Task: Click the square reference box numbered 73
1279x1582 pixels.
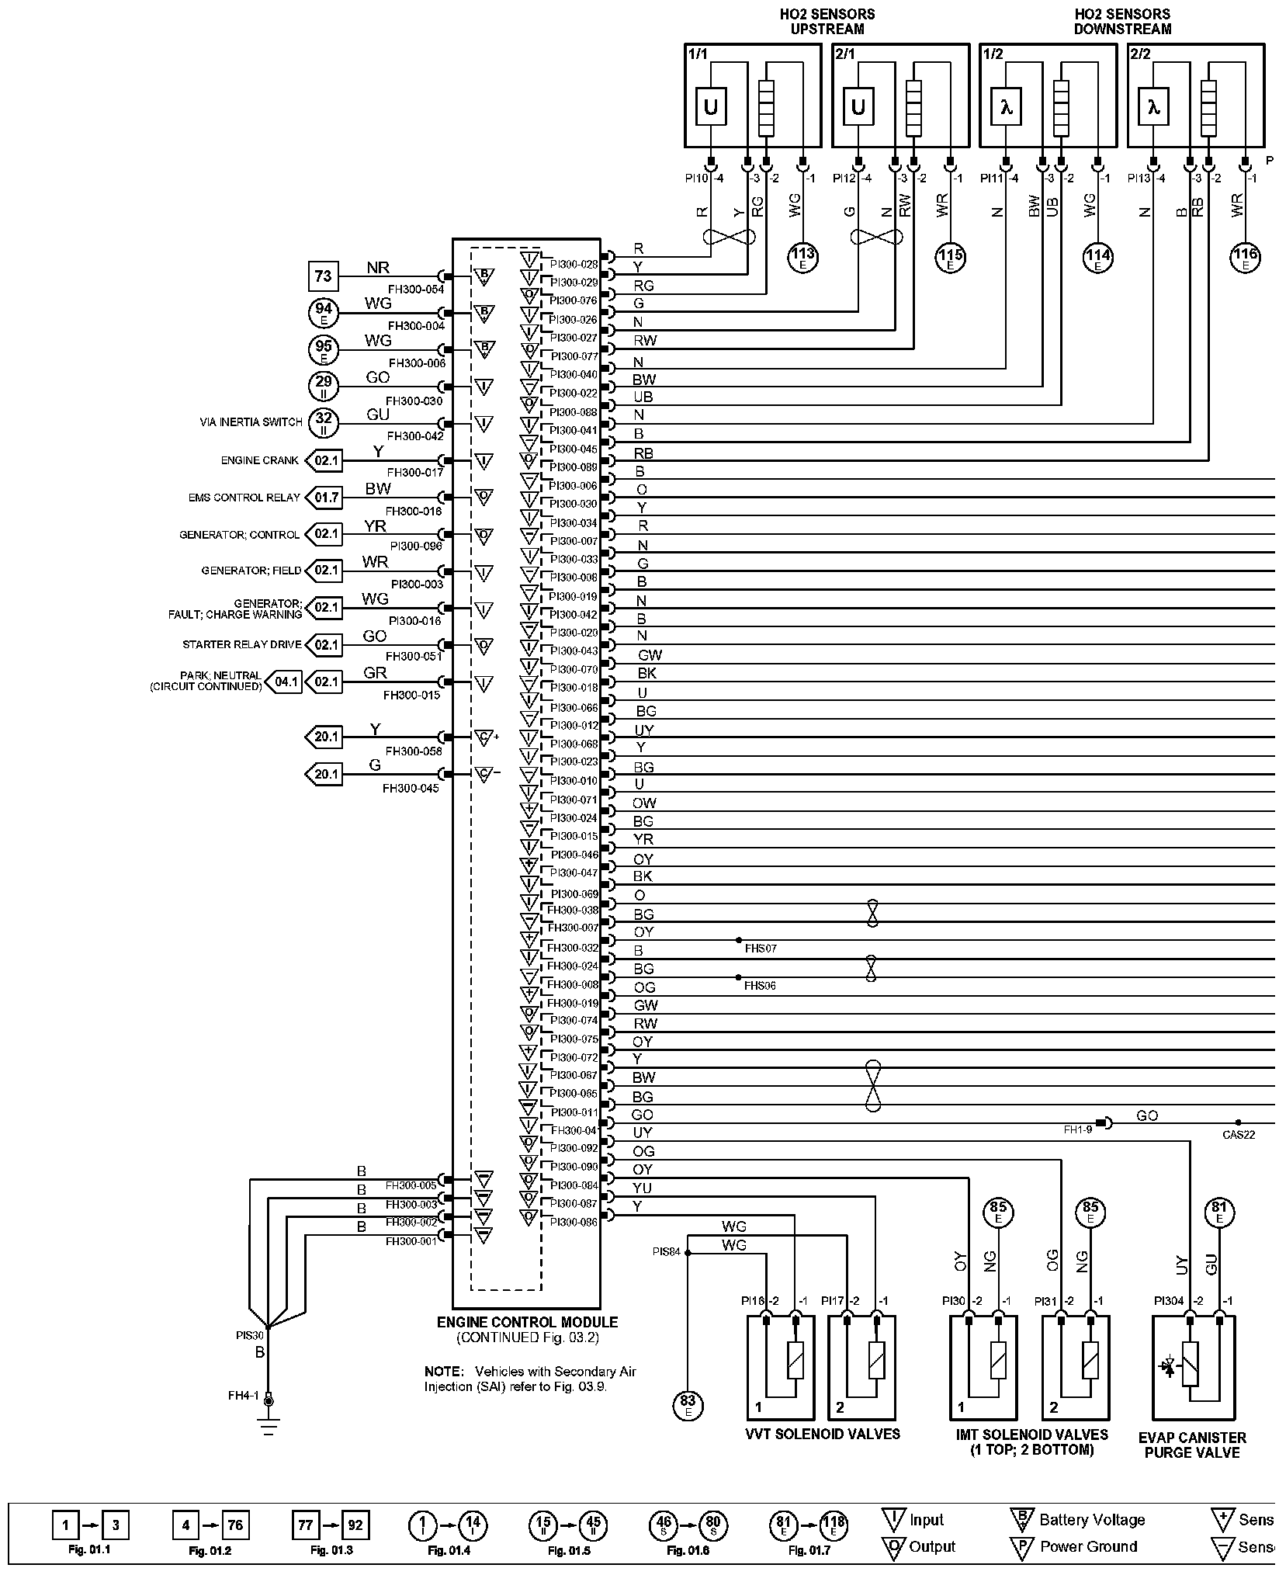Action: pos(323,276)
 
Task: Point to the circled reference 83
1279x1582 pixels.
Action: pos(688,1403)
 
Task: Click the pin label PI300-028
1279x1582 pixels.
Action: pos(574,264)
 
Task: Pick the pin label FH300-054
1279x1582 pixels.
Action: pos(416,290)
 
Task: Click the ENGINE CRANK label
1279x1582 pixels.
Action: pos(259,460)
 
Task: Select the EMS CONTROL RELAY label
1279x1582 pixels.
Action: pos(244,498)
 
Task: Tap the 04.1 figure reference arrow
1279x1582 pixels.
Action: pos(284,682)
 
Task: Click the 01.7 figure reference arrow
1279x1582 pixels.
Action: pos(325,498)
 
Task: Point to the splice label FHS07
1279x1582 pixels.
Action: pos(760,949)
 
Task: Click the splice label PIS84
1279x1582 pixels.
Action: pos(666,1251)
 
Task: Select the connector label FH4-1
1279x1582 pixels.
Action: pos(243,1396)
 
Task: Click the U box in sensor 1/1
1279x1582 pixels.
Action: pos(710,107)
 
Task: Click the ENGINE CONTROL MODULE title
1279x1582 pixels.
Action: pos(527,1322)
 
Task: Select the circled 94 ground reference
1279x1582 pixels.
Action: pos(323,312)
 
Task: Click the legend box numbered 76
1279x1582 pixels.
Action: pos(235,1525)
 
